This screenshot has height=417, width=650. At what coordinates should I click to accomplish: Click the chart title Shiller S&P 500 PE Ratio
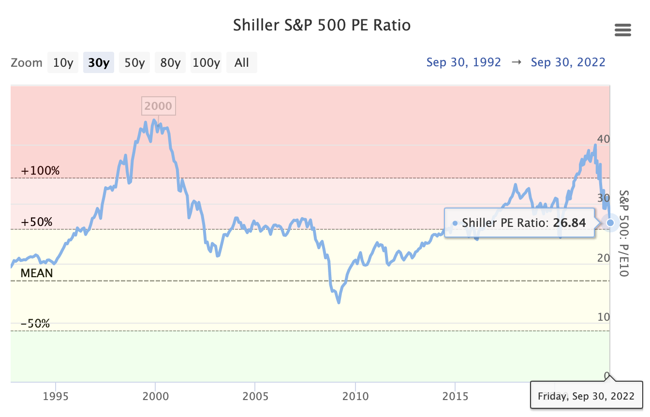(x=322, y=25)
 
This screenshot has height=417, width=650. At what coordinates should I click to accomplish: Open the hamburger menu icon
(x=623, y=30)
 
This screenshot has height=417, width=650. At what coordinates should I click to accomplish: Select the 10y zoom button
(x=63, y=63)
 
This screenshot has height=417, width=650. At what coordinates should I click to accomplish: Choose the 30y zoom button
(x=99, y=63)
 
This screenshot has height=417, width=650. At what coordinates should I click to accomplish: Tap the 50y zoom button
(x=134, y=63)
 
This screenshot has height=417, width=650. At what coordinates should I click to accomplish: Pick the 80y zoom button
(x=170, y=63)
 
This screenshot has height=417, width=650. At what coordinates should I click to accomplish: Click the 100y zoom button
(x=206, y=63)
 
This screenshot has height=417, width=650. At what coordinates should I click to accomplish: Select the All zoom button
(x=242, y=63)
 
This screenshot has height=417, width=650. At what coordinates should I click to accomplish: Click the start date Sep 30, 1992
(x=463, y=62)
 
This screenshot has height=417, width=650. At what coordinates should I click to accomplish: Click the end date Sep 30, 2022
(x=568, y=62)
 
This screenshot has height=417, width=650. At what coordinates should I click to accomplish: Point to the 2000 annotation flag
(x=158, y=106)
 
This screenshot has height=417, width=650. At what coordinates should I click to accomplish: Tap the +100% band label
(x=40, y=171)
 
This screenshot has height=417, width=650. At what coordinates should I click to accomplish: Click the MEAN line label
(x=37, y=273)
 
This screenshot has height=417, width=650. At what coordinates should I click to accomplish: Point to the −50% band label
(x=35, y=324)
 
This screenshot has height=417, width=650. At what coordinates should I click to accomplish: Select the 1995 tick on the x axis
(x=56, y=397)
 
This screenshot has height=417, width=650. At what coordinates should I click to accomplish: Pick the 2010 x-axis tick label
(x=355, y=397)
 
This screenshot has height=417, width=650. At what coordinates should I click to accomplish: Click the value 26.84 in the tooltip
(x=569, y=223)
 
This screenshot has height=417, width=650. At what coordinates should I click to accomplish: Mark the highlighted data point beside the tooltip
(x=610, y=223)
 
